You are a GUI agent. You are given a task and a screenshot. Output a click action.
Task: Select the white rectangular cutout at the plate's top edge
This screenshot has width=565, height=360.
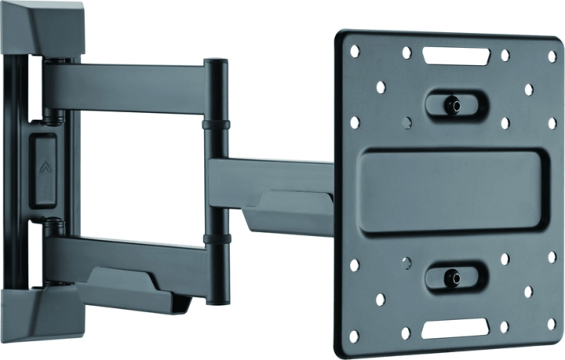455,56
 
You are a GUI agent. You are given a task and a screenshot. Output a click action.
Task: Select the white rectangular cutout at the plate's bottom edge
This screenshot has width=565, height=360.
452,328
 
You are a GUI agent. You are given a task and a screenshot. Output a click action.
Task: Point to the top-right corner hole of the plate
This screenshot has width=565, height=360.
552,56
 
